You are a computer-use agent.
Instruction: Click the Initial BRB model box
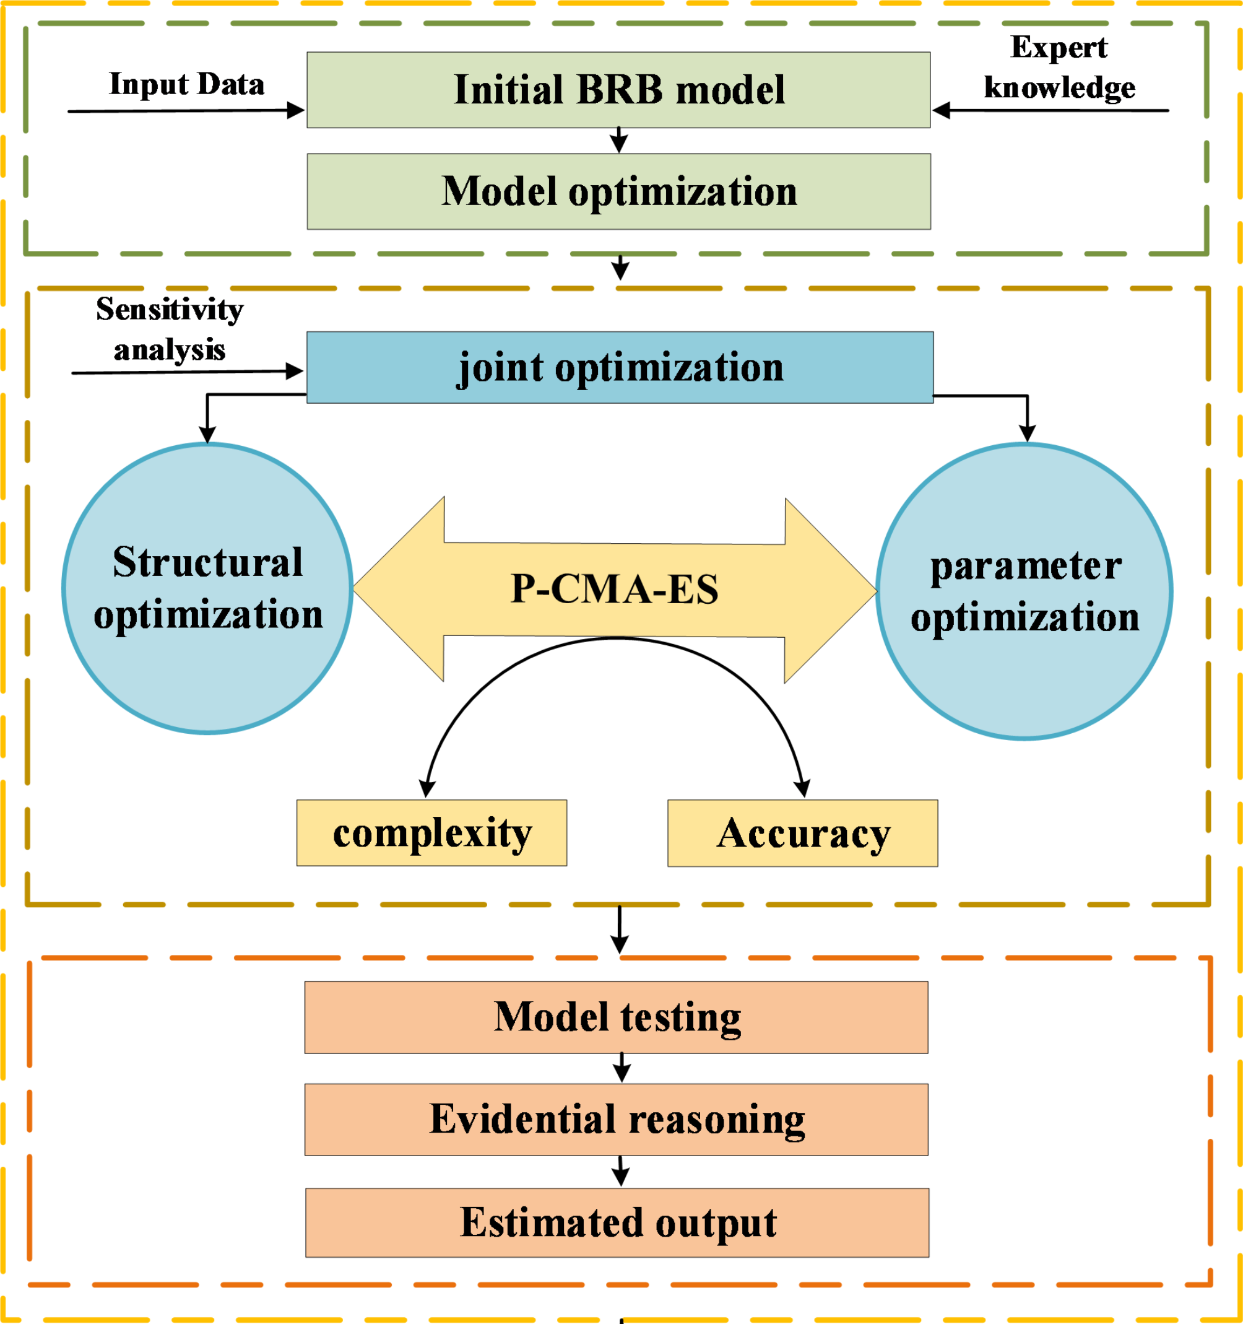pos(618,90)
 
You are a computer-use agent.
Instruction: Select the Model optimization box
pos(618,192)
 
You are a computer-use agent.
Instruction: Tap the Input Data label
pos(186,85)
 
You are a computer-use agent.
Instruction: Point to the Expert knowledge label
pos(1059,68)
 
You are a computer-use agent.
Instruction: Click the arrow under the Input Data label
pos(186,111)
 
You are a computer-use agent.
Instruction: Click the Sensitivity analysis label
pos(170,329)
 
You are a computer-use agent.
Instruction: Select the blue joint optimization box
pos(619,368)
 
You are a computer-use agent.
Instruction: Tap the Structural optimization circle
pos(207,589)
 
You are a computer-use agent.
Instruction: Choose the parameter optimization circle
pos(1024,591)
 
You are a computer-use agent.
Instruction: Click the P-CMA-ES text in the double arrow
pos(614,590)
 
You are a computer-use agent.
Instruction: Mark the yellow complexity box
pos(431,832)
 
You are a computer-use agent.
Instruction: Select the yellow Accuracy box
pos(802,833)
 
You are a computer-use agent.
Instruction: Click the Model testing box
pos(616,1017)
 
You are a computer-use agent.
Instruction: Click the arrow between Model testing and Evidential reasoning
pos(621,1068)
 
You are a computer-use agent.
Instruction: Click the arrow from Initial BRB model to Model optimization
pos(619,141)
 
